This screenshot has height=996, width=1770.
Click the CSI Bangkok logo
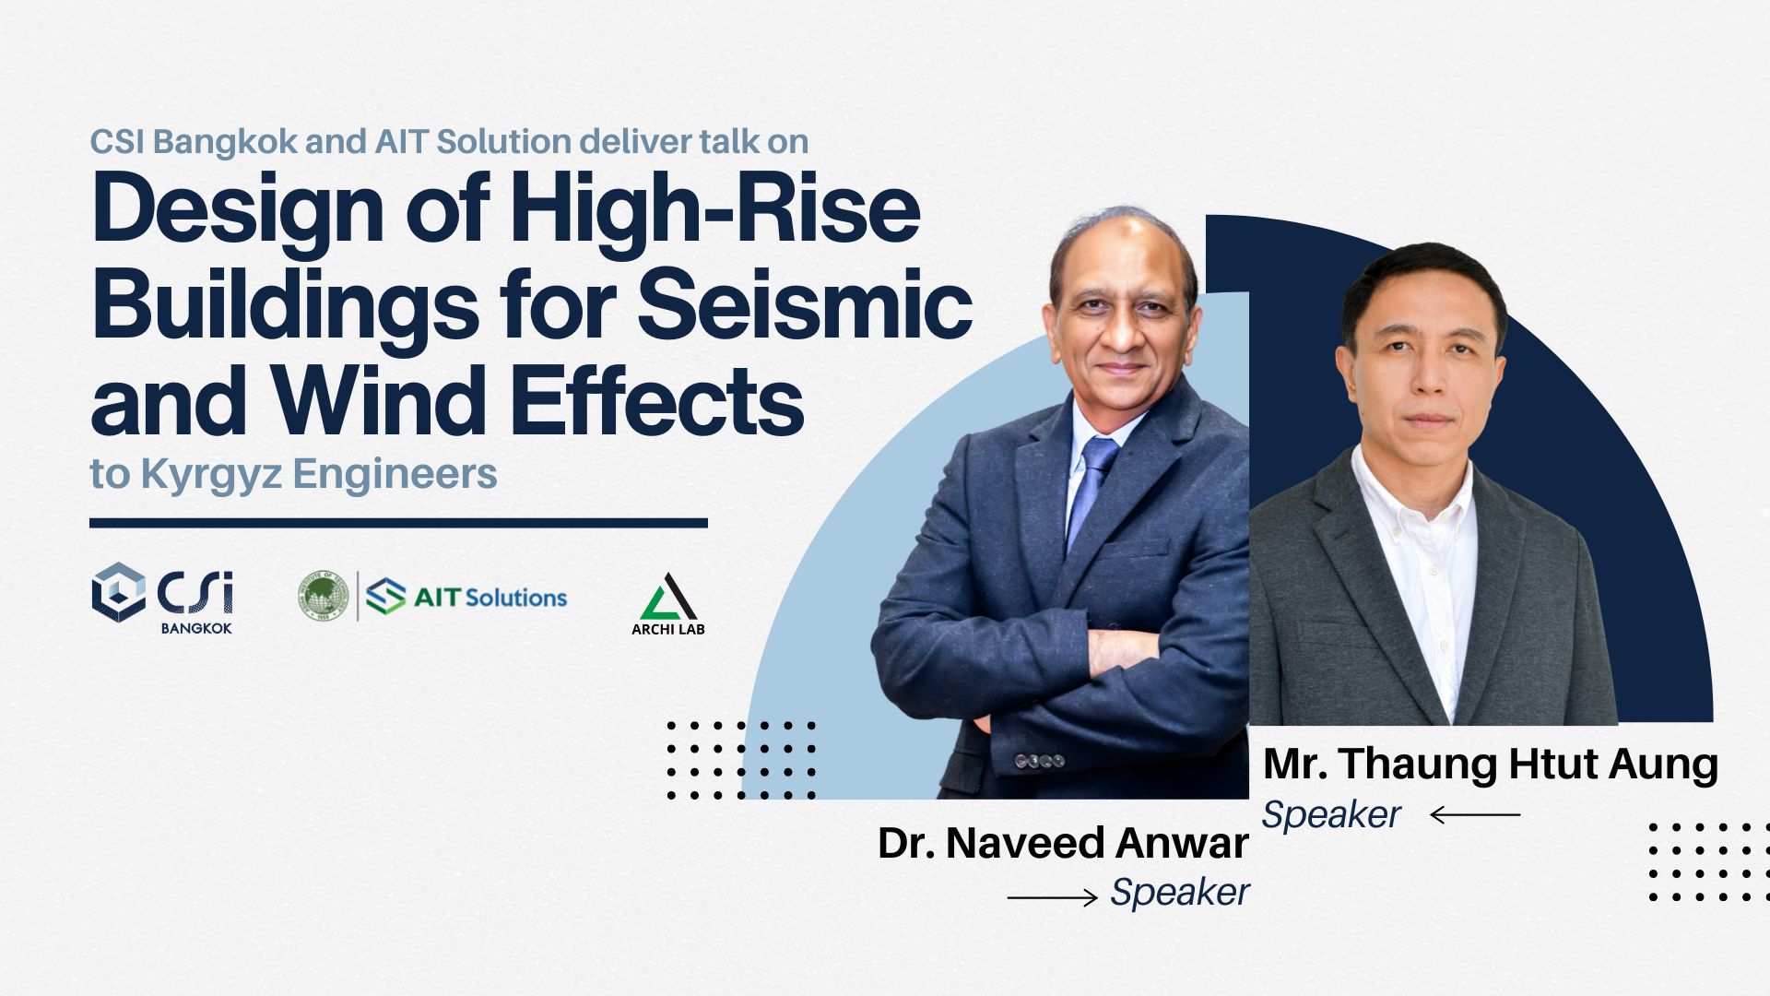[x=162, y=598]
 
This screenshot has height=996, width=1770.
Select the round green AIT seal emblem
[x=323, y=596]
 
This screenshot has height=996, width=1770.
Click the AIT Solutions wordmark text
[x=490, y=598]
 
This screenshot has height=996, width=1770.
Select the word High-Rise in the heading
[x=715, y=208]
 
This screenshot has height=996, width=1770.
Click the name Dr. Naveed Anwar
[x=1063, y=843]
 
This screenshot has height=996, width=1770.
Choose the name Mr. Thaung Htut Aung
[x=1491, y=765]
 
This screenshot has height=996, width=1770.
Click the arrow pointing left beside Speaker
[x=1475, y=814]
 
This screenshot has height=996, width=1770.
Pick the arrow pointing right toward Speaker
[x=1053, y=896]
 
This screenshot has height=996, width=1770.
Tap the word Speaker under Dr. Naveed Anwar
[x=1180, y=893]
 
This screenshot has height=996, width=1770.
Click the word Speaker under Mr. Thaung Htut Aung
[x=1331, y=815]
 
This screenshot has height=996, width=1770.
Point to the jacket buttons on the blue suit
[x=1040, y=762]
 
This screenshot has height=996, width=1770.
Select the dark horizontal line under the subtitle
[x=398, y=523]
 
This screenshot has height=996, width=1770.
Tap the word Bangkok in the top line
[x=226, y=141]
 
